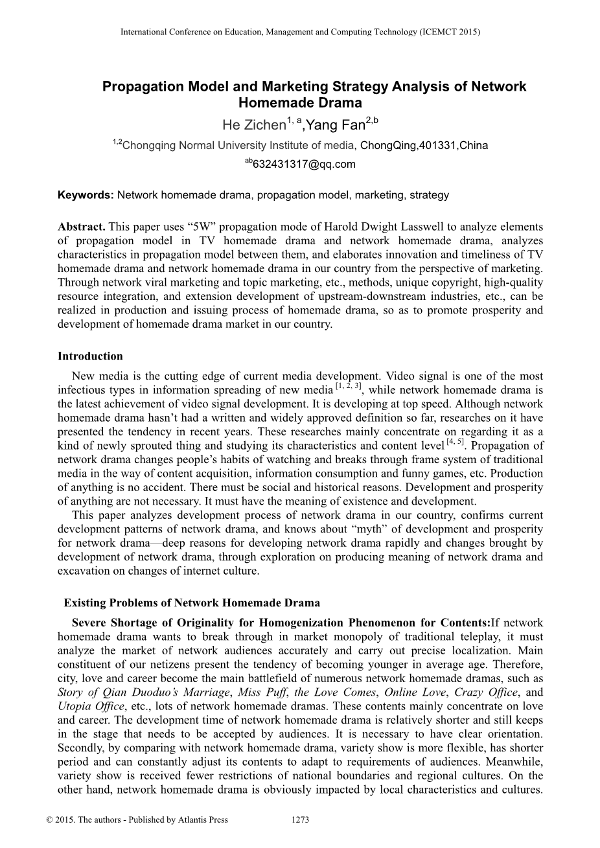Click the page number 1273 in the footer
click(x=301, y=819)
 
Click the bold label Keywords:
click(x=86, y=194)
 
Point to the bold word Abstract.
click(x=82, y=227)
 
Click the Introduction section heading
click(x=90, y=356)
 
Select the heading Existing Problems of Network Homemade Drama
click(x=192, y=603)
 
